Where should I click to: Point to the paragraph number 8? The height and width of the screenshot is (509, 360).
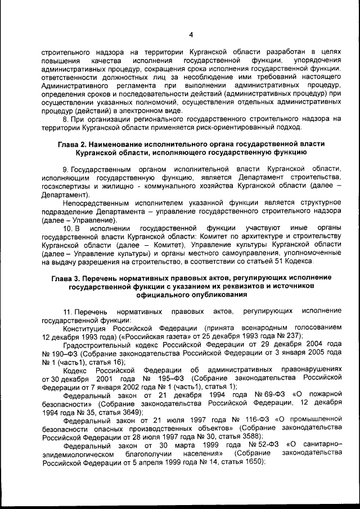(65, 119)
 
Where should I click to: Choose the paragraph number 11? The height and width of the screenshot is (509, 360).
(67, 311)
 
